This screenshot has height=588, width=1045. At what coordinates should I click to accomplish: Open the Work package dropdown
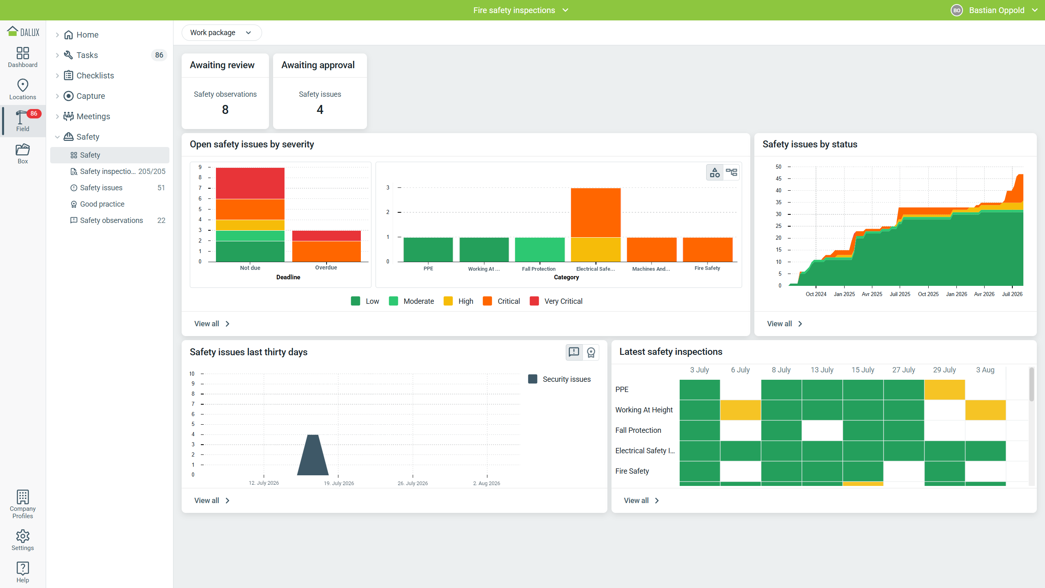[221, 33]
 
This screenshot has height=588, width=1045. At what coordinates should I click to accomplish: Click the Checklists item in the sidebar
[95, 76]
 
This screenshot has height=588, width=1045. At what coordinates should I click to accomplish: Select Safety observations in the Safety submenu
[111, 220]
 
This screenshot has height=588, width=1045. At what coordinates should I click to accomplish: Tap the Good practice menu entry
[102, 204]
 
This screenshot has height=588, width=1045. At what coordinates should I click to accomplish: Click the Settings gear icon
[23, 536]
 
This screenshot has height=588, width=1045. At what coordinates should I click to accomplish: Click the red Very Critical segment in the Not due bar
[250, 183]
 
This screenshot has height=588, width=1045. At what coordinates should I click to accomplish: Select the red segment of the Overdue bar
[327, 236]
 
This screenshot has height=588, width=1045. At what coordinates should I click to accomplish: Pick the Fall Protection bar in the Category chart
[540, 249]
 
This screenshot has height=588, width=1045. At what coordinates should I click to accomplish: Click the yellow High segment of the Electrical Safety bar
[596, 249]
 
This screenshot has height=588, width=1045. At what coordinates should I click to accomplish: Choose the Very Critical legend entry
[556, 301]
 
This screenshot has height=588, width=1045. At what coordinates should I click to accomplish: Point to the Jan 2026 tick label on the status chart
[956, 294]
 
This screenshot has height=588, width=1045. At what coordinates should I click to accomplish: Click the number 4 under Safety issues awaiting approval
[320, 109]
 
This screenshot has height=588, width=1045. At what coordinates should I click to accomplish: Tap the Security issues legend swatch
[533, 379]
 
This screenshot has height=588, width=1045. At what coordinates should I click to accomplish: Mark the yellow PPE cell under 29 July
[945, 390]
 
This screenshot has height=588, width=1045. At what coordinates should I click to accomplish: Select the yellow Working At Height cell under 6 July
[740, 410]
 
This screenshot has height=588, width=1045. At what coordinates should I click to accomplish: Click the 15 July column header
[863, 370]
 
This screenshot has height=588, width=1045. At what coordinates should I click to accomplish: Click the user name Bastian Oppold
[997, 10]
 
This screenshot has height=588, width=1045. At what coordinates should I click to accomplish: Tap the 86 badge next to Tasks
[159, 55]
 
